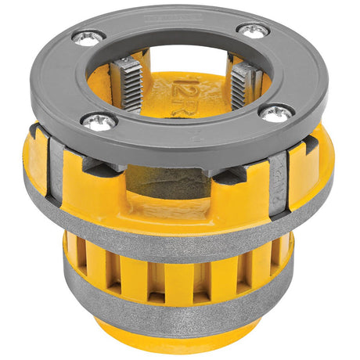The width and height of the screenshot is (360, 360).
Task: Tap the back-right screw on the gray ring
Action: click(x=253, y=31)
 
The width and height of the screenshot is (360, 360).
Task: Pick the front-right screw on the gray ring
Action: click(x=276, y=114)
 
